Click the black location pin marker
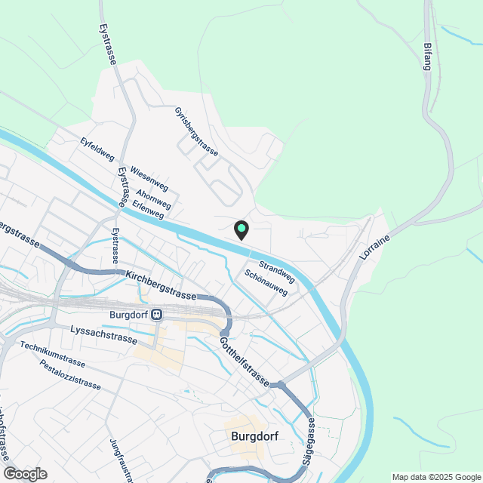click(x=241, y=229)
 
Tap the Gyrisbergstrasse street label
click(x=196, y=132)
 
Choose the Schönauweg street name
click(x=266, y=282)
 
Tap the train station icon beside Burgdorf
click(x=157, y=315)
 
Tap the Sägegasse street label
click(x=311, y=444)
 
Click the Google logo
click(x=24, y=473)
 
